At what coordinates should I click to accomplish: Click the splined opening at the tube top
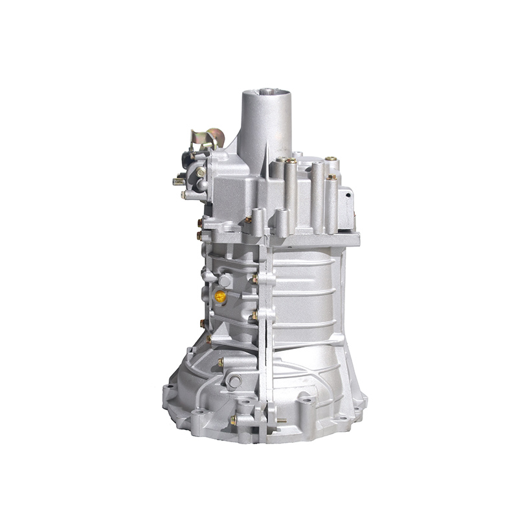point(265,93)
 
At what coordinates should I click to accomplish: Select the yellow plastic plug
point(220,297)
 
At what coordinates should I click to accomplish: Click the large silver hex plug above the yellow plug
point(225,280)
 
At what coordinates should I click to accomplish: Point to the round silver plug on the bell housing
point(234,381)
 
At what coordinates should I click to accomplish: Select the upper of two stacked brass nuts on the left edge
point(200,223)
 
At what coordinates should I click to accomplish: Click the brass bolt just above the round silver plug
point(220,363)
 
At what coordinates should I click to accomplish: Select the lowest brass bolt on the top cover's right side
point(332,177)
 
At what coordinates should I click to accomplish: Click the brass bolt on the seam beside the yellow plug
point(254,279)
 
